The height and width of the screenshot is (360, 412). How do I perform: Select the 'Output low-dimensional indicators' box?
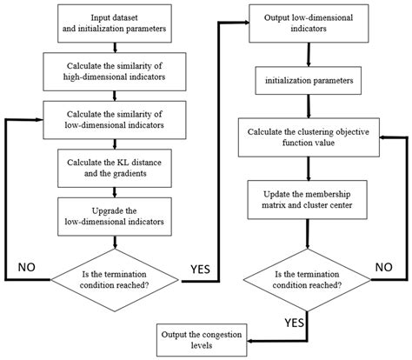[308, 23]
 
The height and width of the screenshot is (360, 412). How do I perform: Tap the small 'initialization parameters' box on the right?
[308, 83]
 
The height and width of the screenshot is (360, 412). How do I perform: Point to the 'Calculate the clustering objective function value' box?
[308, 136]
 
